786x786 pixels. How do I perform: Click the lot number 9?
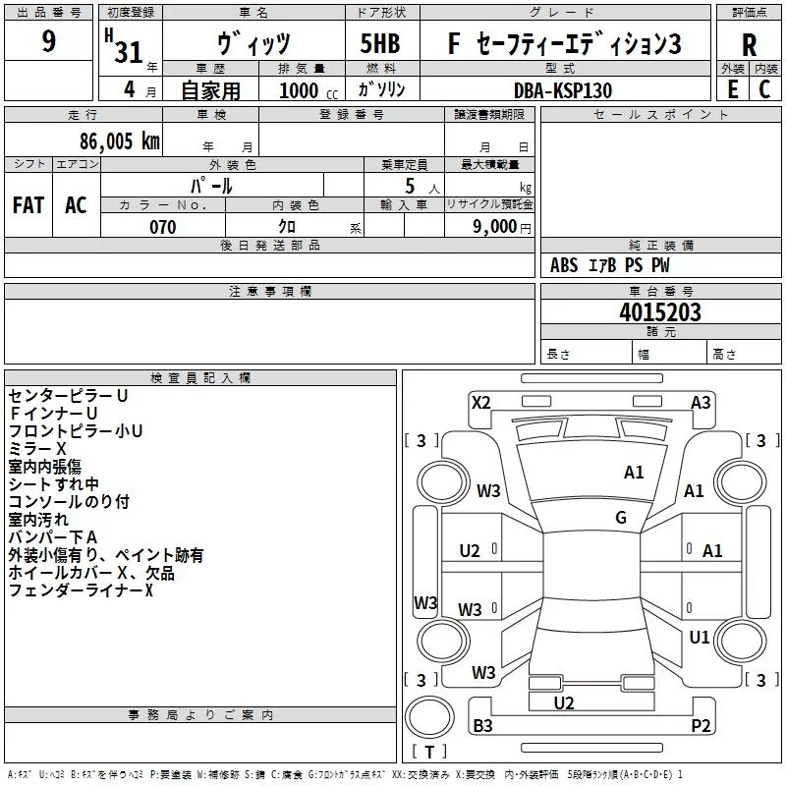tap(48, 40)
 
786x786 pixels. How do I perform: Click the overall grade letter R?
tap(749, 45)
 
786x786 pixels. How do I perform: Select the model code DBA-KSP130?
tap(563, 90)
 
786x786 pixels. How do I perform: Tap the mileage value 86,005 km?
tap(119, 140)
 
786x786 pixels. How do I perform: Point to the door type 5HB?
tap(380, 43)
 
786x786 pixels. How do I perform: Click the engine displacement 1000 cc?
tap(309, 90)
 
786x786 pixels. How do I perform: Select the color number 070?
tap(162, 227)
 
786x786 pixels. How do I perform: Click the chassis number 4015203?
tap(659, 311)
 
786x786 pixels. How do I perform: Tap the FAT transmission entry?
tap(28, 205)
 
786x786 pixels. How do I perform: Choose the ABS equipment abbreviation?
tap(564, 264)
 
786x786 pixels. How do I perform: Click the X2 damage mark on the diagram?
tap(481, 403)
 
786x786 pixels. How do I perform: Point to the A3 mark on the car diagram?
tap(701, 403)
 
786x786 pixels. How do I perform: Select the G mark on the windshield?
tap(621, 518)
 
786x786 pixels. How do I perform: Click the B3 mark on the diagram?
tap(482, 725)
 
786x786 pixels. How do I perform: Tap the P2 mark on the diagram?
tap(701, 725)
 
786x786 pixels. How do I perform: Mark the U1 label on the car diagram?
tap(700, 638)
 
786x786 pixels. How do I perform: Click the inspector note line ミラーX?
tap(37, 449)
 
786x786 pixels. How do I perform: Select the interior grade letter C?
tap(764, 89)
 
